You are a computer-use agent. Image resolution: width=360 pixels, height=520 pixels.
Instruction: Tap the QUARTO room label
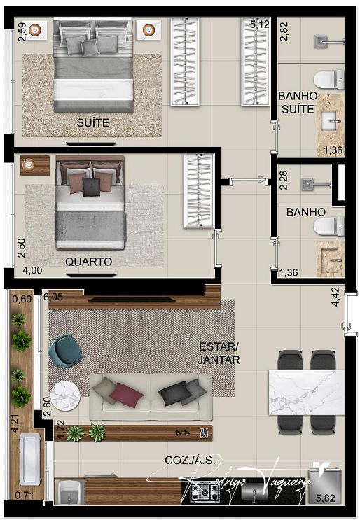[88, 262]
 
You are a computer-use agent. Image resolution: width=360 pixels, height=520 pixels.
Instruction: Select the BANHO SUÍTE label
[298, 102]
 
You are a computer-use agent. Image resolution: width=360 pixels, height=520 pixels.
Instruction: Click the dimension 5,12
[260, 24]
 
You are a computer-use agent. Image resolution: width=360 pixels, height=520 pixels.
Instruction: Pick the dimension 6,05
[53, 297]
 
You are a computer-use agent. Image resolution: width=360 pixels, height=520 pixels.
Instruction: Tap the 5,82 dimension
[325, 498]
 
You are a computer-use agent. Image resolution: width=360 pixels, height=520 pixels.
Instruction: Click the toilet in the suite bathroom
[328, 80]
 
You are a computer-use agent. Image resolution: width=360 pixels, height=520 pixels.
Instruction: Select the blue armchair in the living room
[66, 351]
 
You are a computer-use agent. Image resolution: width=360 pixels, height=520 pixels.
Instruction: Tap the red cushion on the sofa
[126, 395]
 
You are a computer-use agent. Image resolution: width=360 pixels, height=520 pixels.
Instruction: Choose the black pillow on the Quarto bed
[91, 187]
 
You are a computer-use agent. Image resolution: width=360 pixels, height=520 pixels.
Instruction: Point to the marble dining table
[307, 393]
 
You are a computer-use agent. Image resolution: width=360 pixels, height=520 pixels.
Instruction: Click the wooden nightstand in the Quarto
[35, 165]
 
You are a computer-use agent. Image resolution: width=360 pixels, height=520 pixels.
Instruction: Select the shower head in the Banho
[307, 184]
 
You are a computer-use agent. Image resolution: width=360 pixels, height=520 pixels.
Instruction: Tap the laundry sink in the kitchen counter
[69, 493]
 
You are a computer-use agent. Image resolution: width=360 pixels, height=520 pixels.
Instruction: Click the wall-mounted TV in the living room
[132, 300]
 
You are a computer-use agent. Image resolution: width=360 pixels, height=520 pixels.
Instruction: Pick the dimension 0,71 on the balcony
[25, 496]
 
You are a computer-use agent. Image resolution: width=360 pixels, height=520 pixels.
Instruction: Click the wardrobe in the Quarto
[199, 190]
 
